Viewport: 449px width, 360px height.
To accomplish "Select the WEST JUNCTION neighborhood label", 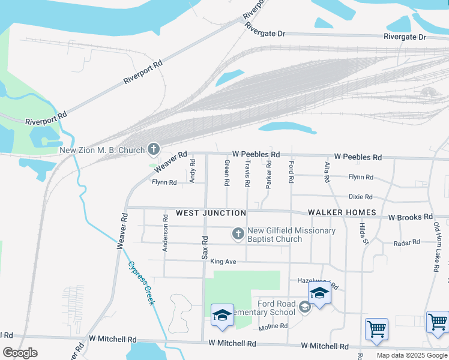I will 211,213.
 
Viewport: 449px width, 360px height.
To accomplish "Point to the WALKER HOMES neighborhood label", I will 342,212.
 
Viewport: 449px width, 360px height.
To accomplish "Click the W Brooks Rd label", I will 410,217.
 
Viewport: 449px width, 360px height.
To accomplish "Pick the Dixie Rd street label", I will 361,197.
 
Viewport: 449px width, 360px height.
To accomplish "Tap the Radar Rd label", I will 406,243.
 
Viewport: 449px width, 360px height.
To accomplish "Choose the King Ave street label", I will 223,262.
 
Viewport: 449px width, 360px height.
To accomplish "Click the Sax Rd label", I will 205,247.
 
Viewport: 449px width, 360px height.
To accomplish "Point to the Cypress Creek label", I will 141,283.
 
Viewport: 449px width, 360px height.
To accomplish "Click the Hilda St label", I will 364,233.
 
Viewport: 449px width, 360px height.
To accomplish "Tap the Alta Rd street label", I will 327,172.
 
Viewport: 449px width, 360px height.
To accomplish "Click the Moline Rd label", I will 273,326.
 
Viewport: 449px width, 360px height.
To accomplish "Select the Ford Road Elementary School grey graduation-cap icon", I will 305,307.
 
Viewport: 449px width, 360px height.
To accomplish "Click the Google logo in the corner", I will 20,353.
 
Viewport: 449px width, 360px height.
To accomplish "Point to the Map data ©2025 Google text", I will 412,355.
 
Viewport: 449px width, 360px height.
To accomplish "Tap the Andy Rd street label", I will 193,171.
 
